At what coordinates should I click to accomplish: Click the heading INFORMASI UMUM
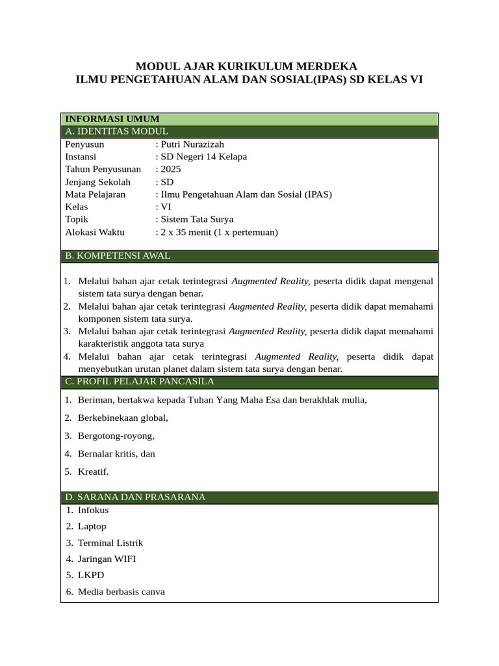pyautogui.click(x=112, y=119)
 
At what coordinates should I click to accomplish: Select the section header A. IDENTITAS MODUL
pyautogui.click(x=116, y=131)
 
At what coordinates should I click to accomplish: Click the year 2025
pyautogui.click(x=171, y=169)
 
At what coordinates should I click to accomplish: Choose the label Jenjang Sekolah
pyautogui.click(x=97, y=181)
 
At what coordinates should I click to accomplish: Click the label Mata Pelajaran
pyautogui.click(x=96, y=194)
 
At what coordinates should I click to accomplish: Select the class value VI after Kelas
pyautogui.click(x=166, y=207)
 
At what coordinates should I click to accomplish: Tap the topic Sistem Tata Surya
pyautogui.click(x=197, y=219)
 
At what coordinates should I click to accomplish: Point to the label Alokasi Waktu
pyautogui.click(x=95, y=232)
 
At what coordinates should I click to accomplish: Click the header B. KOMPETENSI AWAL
pyautogui.click(x=118, y=256)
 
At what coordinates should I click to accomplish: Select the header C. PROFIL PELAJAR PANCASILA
pyautogui.click(x=140, y=382)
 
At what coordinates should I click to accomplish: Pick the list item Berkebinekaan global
pyautogui.click(x=123, y=418)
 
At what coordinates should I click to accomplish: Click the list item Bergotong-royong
pyautogui.click(x=116, y=436)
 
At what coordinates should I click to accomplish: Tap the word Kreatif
pyautogui.click(x=94, y=472)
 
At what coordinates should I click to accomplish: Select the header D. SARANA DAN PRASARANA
pyautogui.click(x=135, y=498)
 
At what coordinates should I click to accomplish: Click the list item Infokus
pyautogui.click(x=93, y=511)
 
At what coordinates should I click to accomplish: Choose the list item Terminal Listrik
pyautogui.click(x=110, y=542)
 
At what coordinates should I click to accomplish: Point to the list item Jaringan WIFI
pyautogui.click(x=107, y=559)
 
